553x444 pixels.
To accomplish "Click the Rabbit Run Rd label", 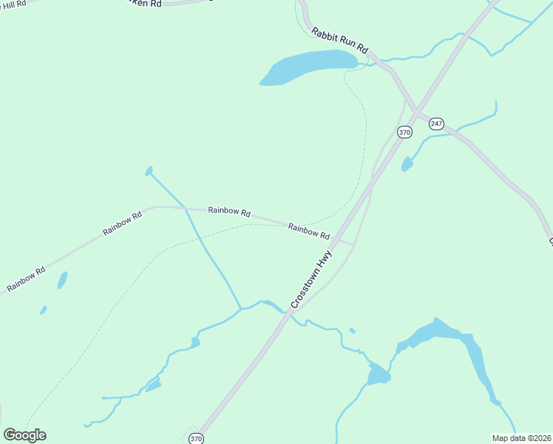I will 339,39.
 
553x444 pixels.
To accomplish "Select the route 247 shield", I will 436,123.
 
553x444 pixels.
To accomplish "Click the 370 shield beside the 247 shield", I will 404,132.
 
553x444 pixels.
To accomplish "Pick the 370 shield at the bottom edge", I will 196,439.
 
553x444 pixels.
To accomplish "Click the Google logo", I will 24,435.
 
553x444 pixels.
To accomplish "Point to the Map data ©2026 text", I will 522,438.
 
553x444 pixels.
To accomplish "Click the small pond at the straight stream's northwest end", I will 149,171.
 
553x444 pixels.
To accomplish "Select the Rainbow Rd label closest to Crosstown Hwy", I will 309,231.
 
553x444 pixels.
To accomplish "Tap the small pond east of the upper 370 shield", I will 407,164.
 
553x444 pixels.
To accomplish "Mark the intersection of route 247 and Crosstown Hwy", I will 417,113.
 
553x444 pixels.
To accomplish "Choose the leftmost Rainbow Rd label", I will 26,277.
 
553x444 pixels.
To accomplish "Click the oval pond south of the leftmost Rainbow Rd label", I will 63,280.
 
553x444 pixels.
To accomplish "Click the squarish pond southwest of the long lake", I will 379,374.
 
